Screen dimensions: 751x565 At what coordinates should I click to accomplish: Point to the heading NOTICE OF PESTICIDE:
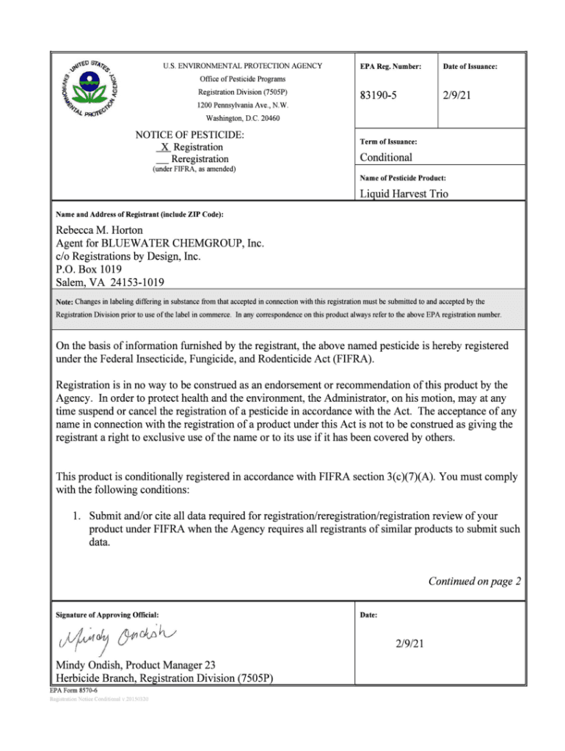(190, 135)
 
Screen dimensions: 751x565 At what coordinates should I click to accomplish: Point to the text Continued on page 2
(474, 582)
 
